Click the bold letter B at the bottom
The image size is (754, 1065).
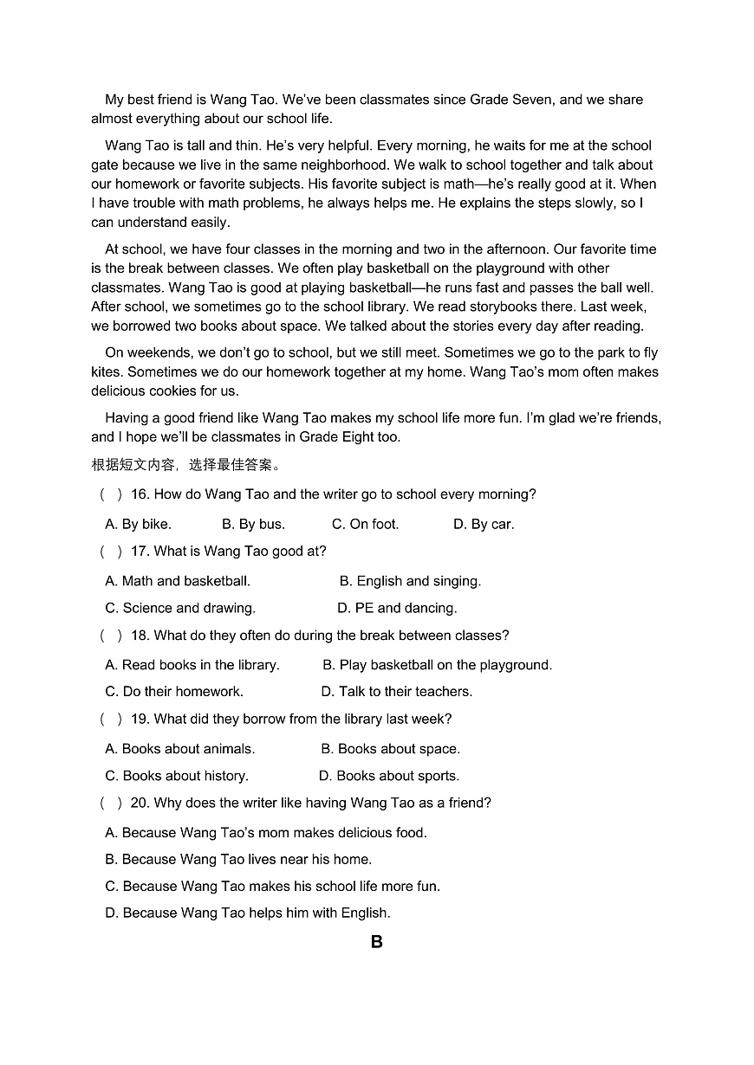click(376, 942)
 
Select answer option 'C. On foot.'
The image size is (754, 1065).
click(365, 524)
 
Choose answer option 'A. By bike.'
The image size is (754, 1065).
click(138, 524)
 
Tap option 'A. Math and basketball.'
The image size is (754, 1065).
click(178, 581)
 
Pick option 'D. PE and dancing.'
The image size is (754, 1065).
click(397, 608)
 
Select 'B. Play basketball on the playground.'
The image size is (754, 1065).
click(437, 665)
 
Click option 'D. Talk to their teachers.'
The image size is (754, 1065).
click(396, 691)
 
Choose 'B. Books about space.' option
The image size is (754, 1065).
click(390, 749)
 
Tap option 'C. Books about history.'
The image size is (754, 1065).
click(177, 776)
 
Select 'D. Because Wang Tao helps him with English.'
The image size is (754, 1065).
click(248, 913)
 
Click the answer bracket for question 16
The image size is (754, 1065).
click(111, 494)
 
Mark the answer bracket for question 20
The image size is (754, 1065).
click(111, 803)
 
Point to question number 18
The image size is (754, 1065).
click(140, 636)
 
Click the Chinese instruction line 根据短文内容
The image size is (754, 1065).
click(185, 465)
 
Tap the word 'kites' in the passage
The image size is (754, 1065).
click(107, 371)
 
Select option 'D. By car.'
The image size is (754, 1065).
click(484, 524)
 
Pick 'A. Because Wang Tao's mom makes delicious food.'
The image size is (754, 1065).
click(266, 833)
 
